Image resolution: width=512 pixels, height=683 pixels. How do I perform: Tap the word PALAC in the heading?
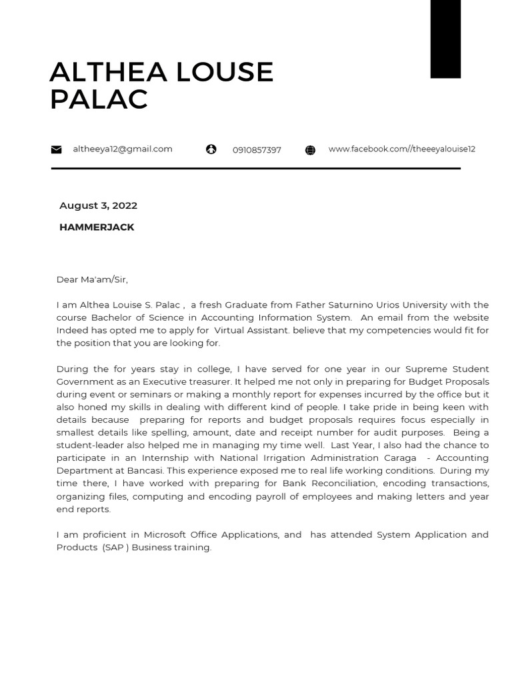pos(99,100)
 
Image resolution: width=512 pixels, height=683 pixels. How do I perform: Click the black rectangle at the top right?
pos(445,39)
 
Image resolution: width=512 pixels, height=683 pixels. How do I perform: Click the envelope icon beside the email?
pos(57,149)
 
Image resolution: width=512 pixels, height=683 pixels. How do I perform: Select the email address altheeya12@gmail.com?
pos(123,149)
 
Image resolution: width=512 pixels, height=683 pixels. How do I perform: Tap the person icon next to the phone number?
pos(211,149)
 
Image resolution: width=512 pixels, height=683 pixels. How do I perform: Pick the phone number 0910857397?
pos(257,150)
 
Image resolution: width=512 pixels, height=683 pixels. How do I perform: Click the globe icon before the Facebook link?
pos(310,150)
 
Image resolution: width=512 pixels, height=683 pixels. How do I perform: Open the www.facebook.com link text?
pos(401,149)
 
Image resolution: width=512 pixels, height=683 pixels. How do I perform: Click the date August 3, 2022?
pos(98,205)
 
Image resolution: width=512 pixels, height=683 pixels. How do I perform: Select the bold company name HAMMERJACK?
pos(97,227)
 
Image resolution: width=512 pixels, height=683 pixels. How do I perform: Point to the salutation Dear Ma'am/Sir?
pos(92,279)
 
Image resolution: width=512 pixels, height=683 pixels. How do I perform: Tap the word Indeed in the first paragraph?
pos(72,330)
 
